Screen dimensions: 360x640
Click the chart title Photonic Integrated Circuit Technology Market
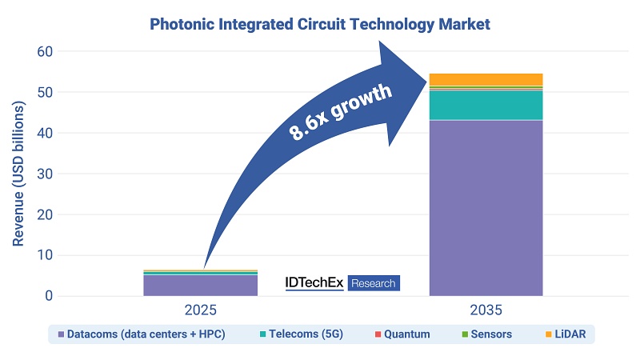320,24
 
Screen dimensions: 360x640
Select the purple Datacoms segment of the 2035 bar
486,208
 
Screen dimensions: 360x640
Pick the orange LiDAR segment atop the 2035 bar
486,79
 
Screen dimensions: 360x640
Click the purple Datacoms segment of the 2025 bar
200,286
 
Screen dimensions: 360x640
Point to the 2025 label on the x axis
200,310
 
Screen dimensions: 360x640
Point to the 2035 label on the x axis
486,310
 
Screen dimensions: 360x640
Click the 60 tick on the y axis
45,52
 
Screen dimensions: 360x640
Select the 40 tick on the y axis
45,134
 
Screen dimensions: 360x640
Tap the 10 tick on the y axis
45,256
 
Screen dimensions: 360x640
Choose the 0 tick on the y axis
49,297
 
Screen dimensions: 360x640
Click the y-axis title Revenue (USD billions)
18,174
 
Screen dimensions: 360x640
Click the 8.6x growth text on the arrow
339,112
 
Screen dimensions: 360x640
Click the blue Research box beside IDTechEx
374,282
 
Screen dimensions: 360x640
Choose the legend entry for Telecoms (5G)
304,334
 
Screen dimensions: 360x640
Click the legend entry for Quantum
403,334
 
